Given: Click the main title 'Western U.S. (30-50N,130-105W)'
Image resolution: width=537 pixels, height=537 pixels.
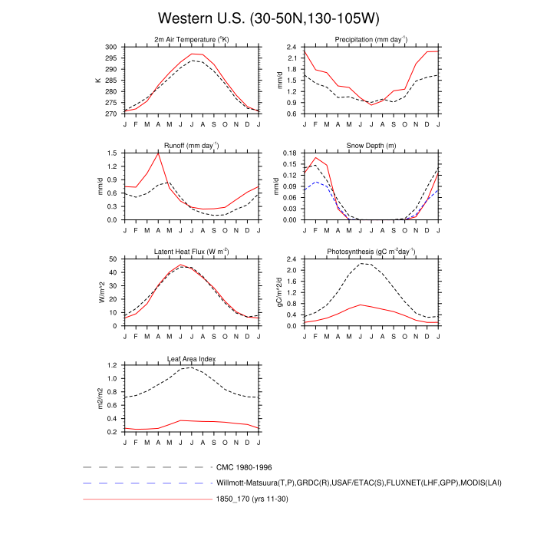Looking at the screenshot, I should pos(268,17).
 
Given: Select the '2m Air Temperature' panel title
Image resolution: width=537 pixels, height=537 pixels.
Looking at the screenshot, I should pos(192,39).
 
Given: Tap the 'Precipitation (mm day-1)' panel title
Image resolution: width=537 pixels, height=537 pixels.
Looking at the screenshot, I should pos(371,39).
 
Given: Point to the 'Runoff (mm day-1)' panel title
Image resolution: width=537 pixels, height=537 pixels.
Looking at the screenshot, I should pos(192,145).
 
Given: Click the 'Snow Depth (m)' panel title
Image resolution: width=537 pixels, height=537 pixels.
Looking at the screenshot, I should pos(371,145).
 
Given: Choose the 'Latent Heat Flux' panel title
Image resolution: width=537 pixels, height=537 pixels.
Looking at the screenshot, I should pos(192,251).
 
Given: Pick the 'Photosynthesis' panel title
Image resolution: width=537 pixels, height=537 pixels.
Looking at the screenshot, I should pos(371,251).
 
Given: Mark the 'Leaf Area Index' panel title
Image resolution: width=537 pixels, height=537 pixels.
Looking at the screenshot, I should pos(192,358).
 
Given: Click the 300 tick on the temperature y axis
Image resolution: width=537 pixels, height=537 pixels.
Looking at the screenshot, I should pos(112,47).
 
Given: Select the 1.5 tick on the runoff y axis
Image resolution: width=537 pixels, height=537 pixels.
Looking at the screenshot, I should pos(112,153).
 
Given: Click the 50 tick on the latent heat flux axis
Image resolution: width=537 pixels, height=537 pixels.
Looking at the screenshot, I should pos(114,259).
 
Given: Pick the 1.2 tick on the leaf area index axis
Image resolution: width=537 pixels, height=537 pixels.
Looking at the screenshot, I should pos(112,365).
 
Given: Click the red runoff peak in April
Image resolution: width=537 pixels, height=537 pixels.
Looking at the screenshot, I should pos(158,153).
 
